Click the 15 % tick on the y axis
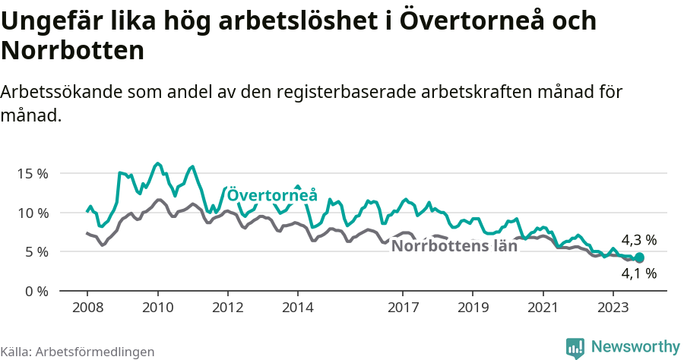click(x=33, y=173)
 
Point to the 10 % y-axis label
click(x=33, y=213)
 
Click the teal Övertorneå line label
click(x=272, y=194)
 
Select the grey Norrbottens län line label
click(x=454, y=246)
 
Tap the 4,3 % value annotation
click(x=638, y=240)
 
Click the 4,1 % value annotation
click(x=638, y=273)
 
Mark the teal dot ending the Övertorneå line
click(x=639, y=258)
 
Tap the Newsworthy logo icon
click(x=575, y=348)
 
